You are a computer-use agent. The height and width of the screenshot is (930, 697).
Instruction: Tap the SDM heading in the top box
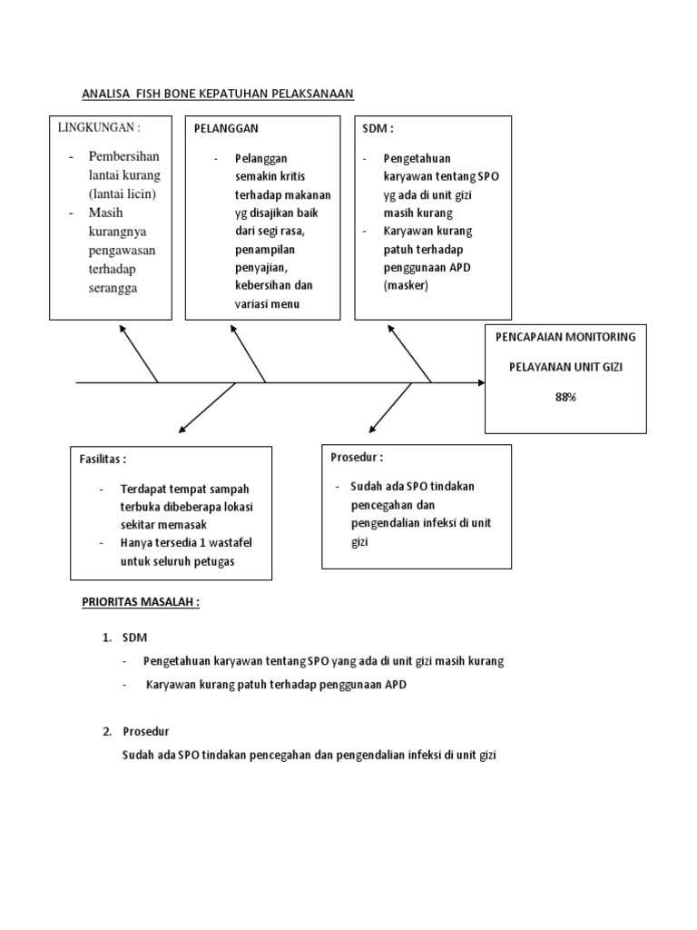[378, 129]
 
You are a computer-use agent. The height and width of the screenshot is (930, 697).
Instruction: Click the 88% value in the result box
[566, 398]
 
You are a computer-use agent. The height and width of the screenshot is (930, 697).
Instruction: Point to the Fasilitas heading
[103, 460]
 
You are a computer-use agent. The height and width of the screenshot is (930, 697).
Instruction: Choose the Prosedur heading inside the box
[358, 457]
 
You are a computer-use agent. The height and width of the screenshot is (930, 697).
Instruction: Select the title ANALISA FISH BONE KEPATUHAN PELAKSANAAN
[217, 93]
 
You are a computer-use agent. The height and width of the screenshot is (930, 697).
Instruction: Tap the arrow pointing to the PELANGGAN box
[250, 352]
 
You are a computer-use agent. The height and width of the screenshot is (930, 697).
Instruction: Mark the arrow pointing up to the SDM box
[409, 353]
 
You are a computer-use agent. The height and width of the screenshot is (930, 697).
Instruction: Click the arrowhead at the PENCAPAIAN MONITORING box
[479, 382]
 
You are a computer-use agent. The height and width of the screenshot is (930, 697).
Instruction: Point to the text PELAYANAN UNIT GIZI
[565, 367]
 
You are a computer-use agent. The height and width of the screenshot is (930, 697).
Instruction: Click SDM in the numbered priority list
[133, 638]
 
